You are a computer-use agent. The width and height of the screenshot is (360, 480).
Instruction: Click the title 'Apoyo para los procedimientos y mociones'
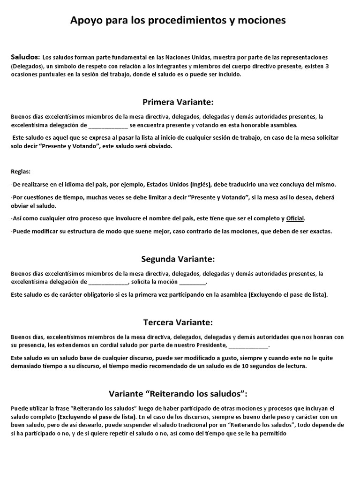(178, 20)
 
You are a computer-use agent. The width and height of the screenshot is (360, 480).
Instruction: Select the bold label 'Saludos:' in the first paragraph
(25, 57)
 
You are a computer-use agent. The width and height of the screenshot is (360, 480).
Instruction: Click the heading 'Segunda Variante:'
(178, 259)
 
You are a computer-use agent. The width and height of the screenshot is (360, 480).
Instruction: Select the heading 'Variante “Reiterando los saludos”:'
(178, 393)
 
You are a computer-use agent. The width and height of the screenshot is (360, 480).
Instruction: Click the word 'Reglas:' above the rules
(20, 172)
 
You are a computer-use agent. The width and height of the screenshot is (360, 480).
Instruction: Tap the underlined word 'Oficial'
(295, 218)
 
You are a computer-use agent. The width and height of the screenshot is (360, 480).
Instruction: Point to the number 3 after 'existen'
(327, 66)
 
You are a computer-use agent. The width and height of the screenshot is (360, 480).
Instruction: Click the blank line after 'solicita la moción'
(193, 282)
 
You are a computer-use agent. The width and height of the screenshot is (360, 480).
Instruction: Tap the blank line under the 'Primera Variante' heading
(108, 126)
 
